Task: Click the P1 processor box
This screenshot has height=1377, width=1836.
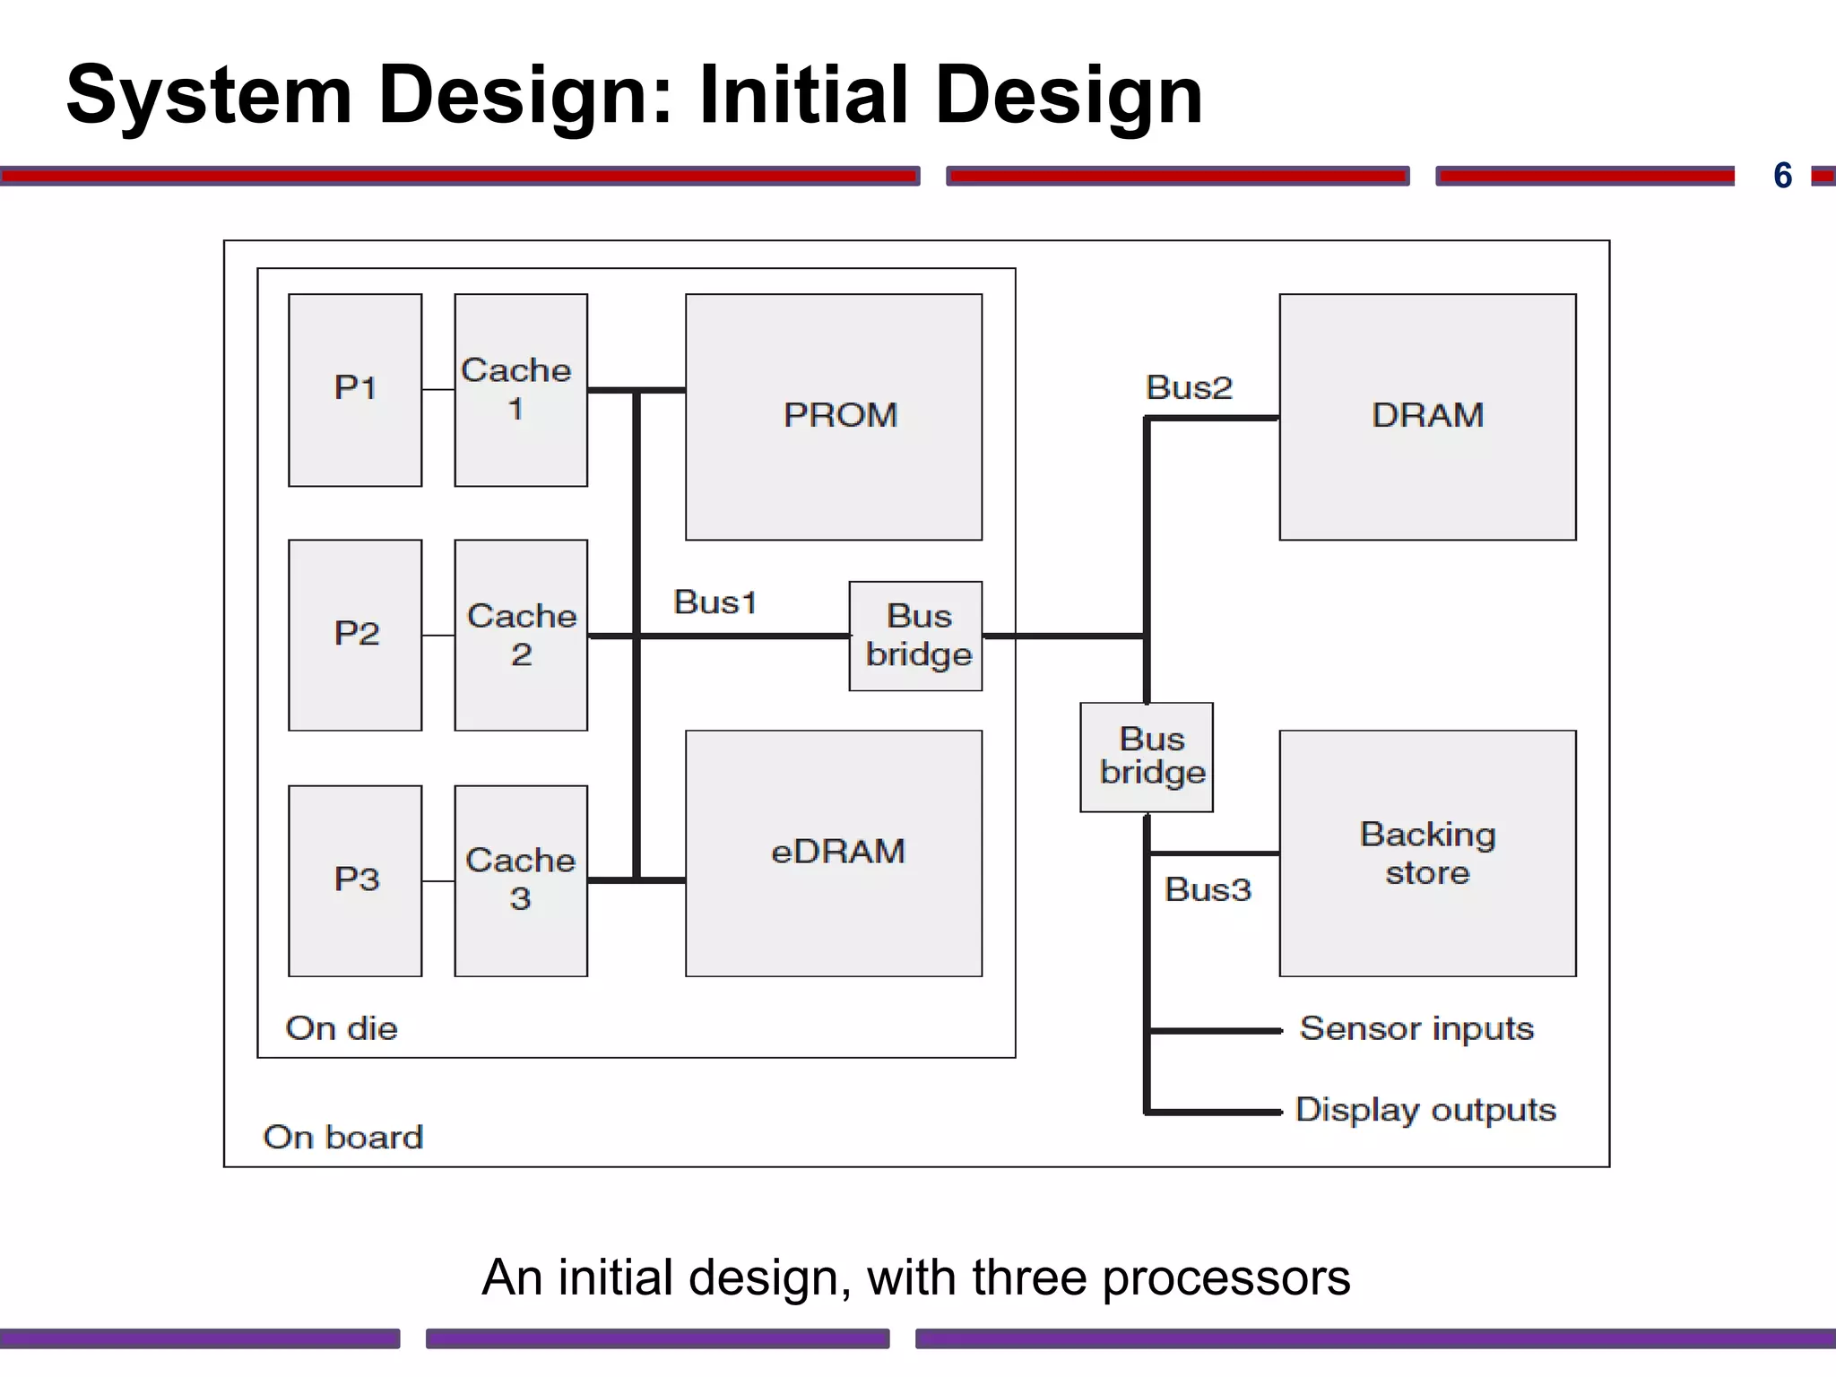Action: click(355, 390)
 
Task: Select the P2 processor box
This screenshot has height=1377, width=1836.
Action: click(355, 635)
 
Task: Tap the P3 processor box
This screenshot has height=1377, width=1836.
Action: click(355, 880)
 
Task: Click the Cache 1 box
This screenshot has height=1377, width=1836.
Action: click(520, 390)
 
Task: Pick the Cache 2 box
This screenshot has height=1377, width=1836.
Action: click(520, 635)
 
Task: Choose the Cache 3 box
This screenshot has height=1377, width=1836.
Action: click(520, 880)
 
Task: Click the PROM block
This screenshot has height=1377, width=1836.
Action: click(834, 416)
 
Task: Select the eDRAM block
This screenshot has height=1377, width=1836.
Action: click(834, 853)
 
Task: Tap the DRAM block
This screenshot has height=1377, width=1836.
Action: click(1427, 416)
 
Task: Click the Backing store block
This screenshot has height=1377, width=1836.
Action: click(1427, 853)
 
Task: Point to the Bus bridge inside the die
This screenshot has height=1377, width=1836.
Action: click(915, 636)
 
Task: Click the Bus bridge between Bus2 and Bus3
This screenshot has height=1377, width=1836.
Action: click(1147, 757)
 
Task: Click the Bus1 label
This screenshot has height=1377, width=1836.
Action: click(714, 602)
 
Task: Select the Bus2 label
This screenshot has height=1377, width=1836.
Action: click(1189, 388)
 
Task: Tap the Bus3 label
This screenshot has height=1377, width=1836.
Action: click(1207, 889)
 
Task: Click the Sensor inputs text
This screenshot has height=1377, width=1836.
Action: click(1416, 1029)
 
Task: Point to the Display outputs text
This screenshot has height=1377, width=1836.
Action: click(1425, 1111)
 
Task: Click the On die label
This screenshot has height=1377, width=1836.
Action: click(341, 1028)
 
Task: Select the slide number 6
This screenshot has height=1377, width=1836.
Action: click(1782, 176)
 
